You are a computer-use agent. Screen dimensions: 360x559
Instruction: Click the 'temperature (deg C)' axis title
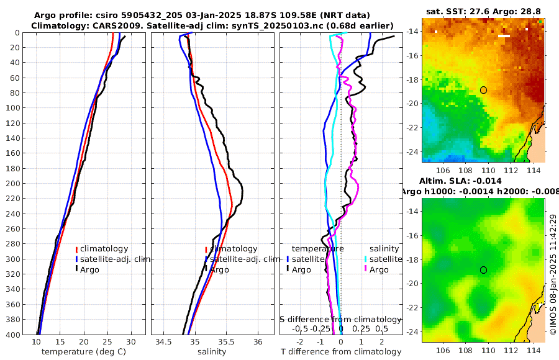click(84, 352)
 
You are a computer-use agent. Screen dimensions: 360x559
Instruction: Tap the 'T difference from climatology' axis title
click(341, 352)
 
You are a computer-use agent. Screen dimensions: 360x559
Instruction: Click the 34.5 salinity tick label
click(164, 342)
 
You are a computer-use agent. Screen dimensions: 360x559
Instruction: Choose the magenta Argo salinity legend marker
click(366, 269)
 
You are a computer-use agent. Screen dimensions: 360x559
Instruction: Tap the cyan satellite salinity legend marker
click(366, 259)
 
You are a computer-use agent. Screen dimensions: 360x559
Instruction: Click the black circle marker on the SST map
click(483, 90)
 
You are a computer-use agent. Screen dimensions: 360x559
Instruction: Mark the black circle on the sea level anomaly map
click(483, 270)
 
